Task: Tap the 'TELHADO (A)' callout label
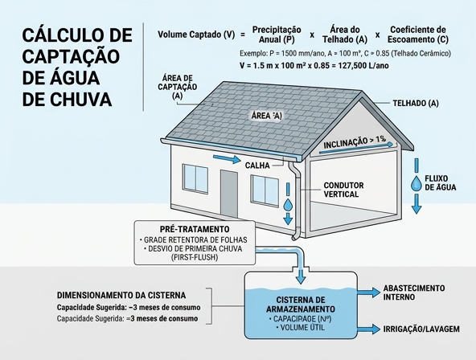coord(416,104)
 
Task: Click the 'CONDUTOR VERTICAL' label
coord(343,190)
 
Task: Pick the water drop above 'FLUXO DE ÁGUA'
coord(416,183)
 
